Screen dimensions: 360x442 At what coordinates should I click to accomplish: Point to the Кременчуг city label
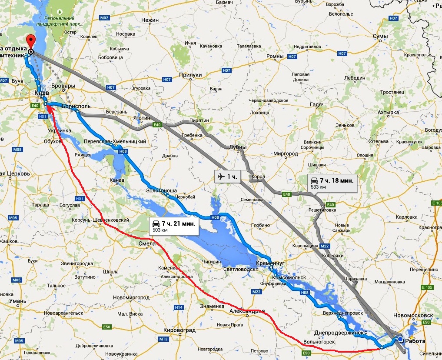270,263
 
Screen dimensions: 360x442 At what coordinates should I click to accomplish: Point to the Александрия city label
247,311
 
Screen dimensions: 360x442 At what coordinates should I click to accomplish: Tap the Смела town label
146,243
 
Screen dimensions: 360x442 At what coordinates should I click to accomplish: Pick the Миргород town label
286,154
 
